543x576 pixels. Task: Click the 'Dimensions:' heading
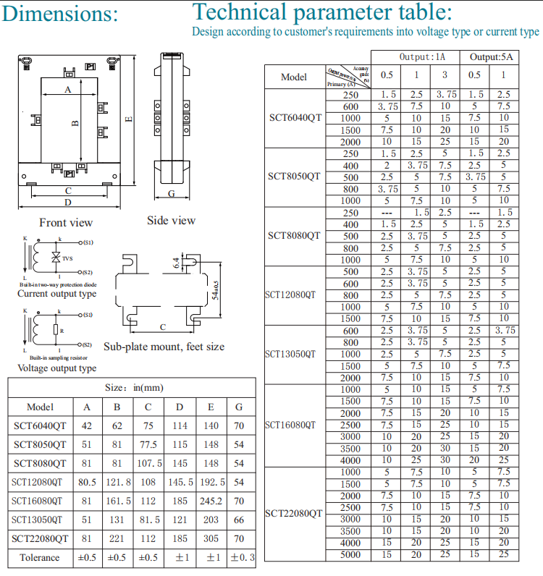click(x=59, y=14)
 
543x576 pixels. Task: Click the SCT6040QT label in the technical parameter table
click(x=294, y=118)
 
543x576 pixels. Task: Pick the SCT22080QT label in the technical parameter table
click(x=294, y=513)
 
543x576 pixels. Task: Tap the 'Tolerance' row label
click(x=40, y=557)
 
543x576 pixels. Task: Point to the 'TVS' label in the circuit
click(x=67, y=258)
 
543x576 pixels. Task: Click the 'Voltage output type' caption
click(x=56, y=368)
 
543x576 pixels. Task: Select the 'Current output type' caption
click(x=56, y=294)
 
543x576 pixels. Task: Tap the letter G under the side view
click(x=172, y=194)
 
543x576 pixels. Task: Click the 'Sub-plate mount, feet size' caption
click(x=164, y=347)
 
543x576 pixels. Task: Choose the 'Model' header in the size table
click(x=40, y=407)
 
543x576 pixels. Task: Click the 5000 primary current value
click(x=350, y=555)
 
